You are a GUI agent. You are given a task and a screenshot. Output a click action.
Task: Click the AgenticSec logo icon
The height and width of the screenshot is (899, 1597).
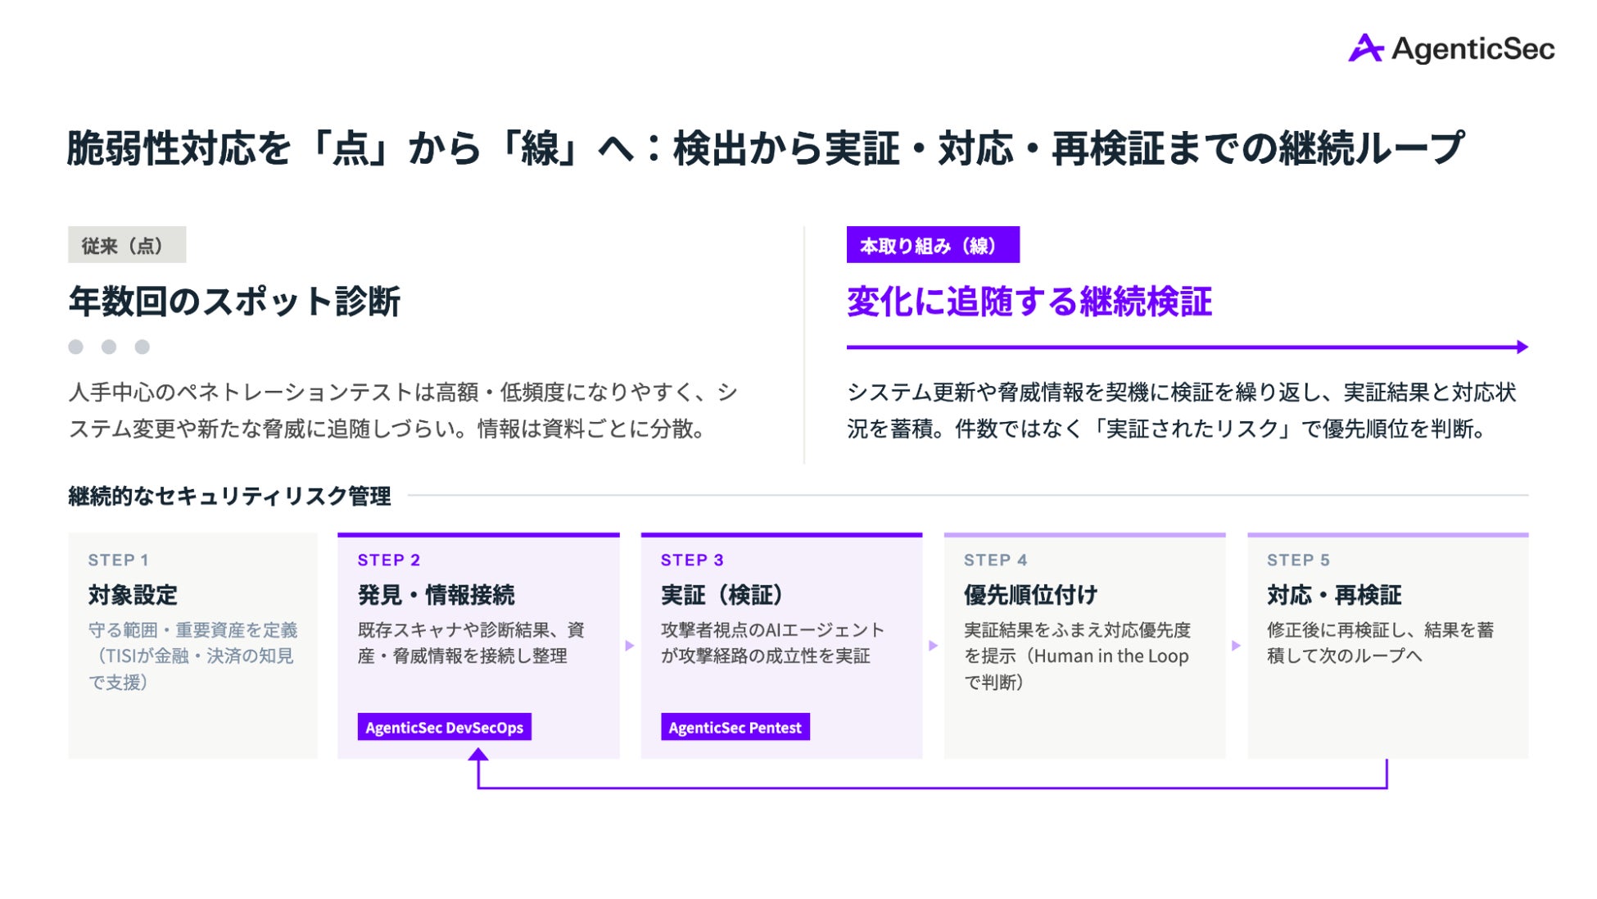(1365, 48)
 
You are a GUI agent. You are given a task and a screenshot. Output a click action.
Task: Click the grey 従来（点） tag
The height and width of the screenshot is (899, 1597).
(127, 244)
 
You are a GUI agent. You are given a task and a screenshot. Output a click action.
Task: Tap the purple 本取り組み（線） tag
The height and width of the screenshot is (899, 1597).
(933, 244)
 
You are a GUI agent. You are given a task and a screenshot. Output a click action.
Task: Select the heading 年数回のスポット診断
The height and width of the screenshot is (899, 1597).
(235, 301)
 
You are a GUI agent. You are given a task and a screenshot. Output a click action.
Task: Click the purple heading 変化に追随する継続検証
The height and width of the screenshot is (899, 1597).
(1029, 301)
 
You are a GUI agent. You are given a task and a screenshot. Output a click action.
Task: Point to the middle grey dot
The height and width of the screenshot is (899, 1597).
(109, 347)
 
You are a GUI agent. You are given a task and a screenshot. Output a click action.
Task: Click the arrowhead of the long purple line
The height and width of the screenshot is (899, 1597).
(1522, 347)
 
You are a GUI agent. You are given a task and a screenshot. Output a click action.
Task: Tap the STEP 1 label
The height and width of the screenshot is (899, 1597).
(119, 560)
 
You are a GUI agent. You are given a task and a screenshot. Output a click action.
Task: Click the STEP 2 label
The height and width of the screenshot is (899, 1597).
(389, 560)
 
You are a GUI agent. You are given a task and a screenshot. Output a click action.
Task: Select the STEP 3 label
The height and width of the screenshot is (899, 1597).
(692, 560)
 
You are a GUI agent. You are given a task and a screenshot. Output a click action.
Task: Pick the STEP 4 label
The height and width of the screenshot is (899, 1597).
(995, 560)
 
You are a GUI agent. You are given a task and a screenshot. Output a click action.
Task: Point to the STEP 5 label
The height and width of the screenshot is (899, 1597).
(1298, 560)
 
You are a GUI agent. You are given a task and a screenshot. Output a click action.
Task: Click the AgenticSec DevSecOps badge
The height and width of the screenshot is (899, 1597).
(445, 727)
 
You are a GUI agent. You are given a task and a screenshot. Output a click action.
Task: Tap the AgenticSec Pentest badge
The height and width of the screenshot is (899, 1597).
(735, 727)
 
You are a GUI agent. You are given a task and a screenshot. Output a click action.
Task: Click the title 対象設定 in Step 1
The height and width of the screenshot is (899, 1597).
(133, 595)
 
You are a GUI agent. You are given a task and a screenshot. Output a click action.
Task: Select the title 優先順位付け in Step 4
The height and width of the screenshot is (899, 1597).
(1030, 595)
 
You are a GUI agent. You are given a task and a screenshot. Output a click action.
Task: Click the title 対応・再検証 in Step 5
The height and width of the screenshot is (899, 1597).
(1334, 595)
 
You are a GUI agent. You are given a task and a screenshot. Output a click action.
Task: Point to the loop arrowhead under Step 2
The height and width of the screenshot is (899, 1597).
(478, 754)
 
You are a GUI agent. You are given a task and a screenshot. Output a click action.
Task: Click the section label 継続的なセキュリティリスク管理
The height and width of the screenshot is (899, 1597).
(229, 496)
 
